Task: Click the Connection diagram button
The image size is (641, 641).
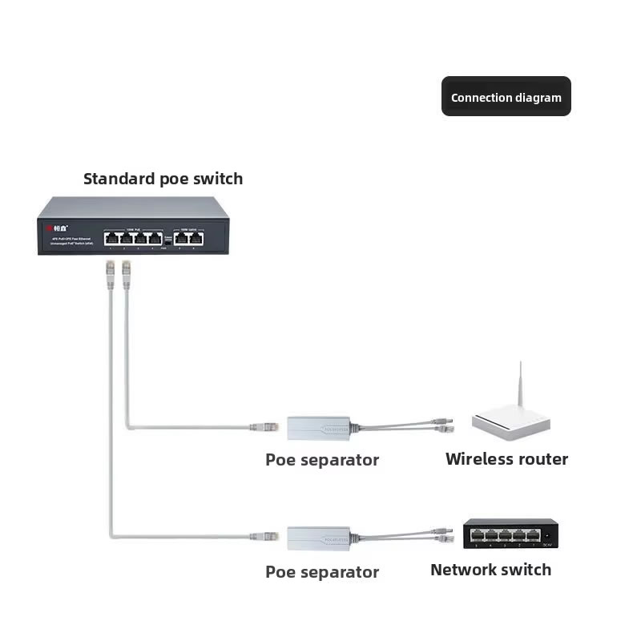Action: tap(506, 97)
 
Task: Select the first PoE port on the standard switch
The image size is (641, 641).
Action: tap(111, 236)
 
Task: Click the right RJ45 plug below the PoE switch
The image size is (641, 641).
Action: tap(126, 272)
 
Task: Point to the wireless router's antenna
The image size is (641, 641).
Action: tap(520, 385)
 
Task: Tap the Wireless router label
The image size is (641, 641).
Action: tap(506, 459)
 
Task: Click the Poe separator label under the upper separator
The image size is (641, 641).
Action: tap(322, 460)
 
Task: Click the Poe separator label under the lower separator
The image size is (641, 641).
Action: tap(322, 572)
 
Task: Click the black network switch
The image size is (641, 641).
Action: tap(510, 534)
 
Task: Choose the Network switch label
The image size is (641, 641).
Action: tap(490, 570)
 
